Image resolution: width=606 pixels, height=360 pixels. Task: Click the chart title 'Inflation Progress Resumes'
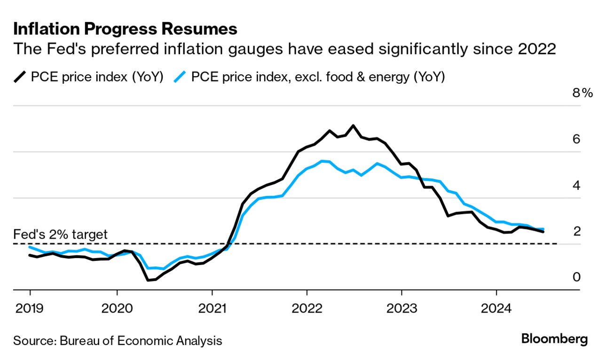pyautogui.click(x=125, y=29)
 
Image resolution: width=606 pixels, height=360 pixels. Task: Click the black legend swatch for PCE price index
pyautogui.click(x=20, y=77)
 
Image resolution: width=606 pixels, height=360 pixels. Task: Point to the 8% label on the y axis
pyautogui.click(x=582, y=93)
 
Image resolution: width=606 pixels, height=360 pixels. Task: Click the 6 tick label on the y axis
pyautogui.click(x=576, y=139)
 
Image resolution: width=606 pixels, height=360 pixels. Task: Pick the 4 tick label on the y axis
pyautogui.click(x=576, y=185)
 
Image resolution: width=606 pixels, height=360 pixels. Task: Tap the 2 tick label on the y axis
pyautogui.click(x=576, y=231)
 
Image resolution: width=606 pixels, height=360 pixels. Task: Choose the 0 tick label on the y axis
pyautogui.click(x=576, y=277)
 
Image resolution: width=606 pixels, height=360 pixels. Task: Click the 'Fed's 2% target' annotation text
pyautogui.click(x=60, y=234)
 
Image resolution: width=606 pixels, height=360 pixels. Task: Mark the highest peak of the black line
pyautogui.click(x=353, y=125)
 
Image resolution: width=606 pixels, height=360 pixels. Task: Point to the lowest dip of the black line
pyautogui.click(x=148, y=280)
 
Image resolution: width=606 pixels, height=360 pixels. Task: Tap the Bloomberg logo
pyautogui.click(x=554, y=339)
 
